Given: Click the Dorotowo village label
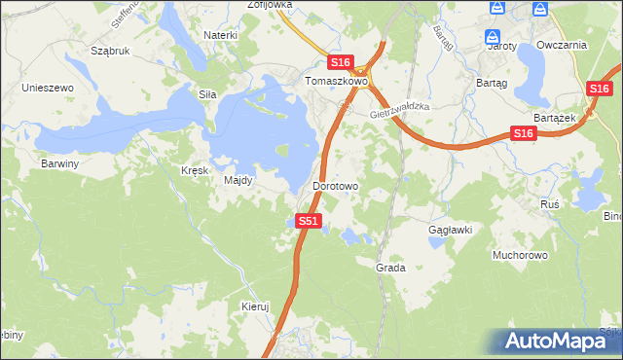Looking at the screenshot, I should (x=336, y=185).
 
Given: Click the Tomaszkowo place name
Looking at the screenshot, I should (x=336, y=82).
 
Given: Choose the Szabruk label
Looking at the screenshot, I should (x=109, y=51).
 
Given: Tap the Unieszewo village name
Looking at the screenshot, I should (x=49, y=88).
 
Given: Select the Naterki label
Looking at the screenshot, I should (x=221, y=35).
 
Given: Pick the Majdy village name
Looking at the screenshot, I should (x=238, y=180).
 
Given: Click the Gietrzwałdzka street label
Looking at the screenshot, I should (x=400, y=112).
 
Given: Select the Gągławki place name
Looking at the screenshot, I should (x=451, y=231).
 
